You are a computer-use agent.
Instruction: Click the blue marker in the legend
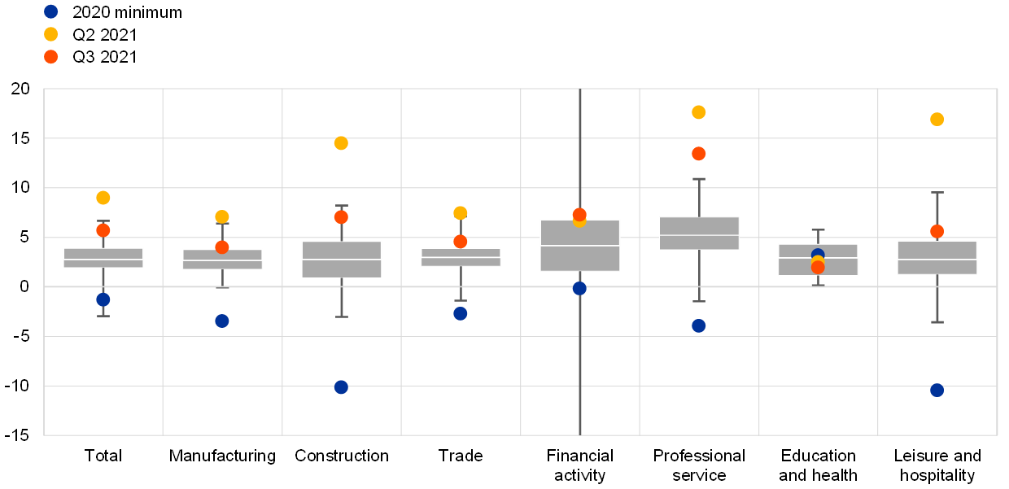(x=50, y=11)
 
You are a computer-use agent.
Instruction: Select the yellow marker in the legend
(x=50, y=34)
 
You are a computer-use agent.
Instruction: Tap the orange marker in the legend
(x=50, y=57)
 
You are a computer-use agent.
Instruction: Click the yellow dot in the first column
(x=103, y=198)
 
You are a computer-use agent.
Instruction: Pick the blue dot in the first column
(x=103, y=299)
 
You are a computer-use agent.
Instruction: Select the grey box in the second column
(x=222, y=260)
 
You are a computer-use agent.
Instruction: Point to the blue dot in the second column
(x=222, y=321)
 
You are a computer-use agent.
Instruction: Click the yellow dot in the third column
(x=341, y=143)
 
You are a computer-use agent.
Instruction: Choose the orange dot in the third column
(x=341, y=217)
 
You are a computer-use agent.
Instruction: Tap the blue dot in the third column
(x=341, y=387)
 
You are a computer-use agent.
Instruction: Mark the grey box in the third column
(x=342, y=260)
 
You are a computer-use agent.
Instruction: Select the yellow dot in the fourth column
(x=461, y=213)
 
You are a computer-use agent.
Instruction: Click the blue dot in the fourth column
(x=461, y=313)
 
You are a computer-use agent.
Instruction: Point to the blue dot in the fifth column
(x=579, y=288)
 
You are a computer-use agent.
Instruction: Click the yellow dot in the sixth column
(x=699, y=112)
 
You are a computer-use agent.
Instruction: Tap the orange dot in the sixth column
(x=699, y=154)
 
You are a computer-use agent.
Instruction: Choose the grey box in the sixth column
(x=699, y=234)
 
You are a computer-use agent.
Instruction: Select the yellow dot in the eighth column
(x=937, y=120)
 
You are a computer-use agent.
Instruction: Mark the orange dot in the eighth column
(x=937, y=231)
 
